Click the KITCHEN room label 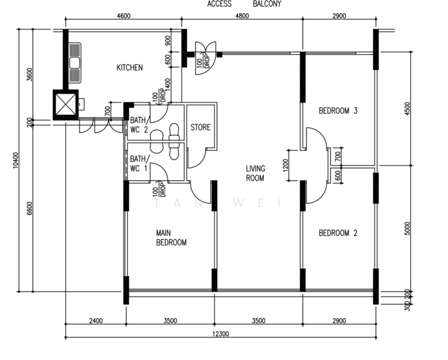pos(130,68)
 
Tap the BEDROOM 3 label pos(338,110)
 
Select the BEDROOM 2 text pos(338,233)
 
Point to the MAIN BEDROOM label pos(171,238)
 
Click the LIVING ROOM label pos(255,173)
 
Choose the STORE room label pos(200,128)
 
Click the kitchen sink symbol pos(76,62)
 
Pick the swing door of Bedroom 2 pos(315,192)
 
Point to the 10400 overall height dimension pos(15,161)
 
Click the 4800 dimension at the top pos(241,16)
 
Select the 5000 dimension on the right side pos(408,228)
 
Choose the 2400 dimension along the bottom pos(95,321)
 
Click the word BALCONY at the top pos(266,4)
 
